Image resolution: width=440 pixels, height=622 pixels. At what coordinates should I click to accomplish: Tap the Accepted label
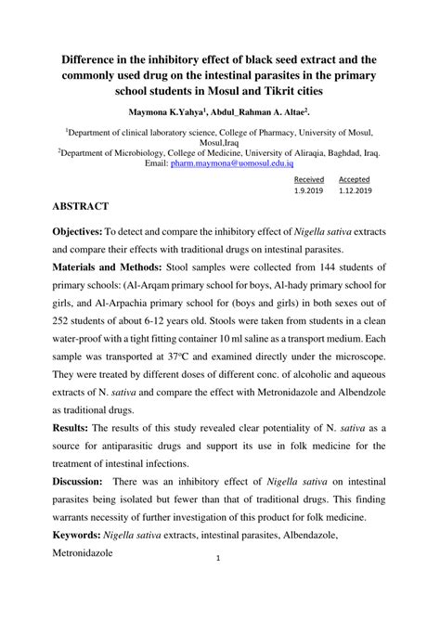[353, 179]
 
